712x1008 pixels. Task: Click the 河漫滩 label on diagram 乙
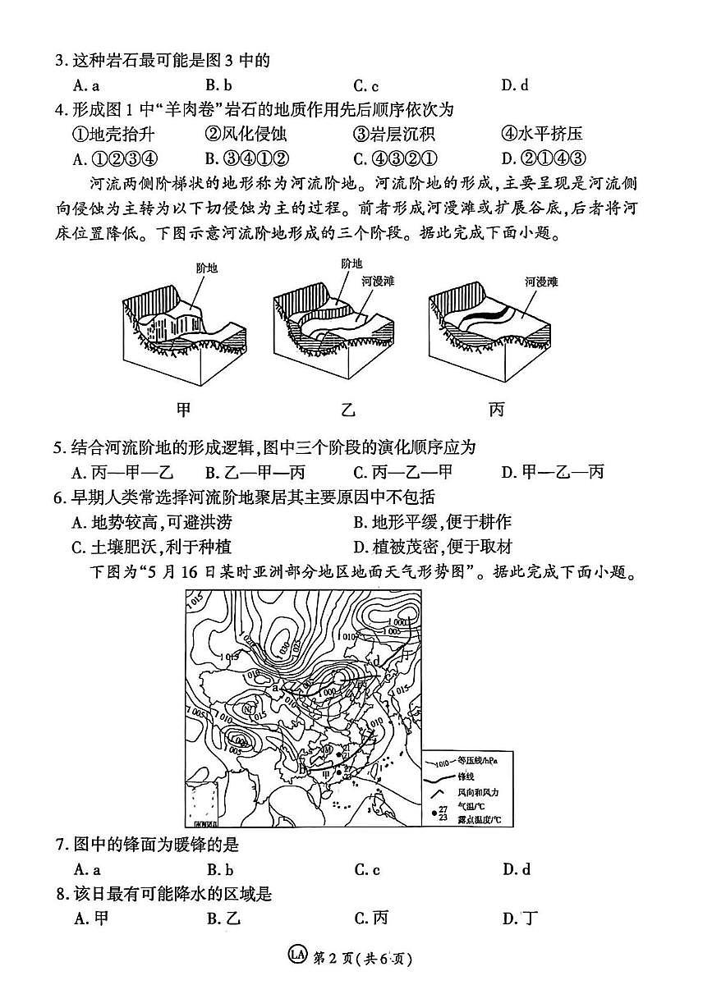tap(378, 281)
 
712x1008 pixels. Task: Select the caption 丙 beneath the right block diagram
tap(496, 408)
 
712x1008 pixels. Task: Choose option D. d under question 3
tap(514, 85)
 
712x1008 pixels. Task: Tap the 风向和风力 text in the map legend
tap(478, 792)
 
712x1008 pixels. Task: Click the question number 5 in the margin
tap(58, 447)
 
